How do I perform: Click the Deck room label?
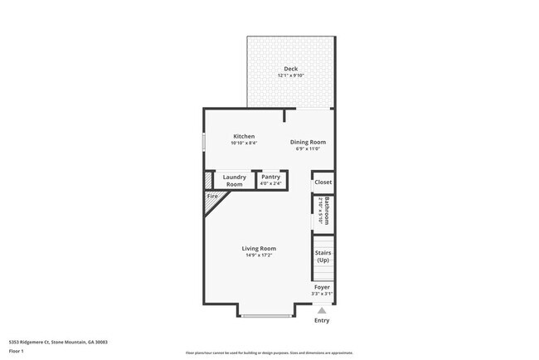[x=290, y=69]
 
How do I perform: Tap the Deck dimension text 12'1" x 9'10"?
[x=290, y=75]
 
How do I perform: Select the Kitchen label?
[x=244, y=136]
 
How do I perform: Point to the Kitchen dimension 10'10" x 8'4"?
[x=244, y=143]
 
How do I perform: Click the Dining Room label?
[x=308, y=142]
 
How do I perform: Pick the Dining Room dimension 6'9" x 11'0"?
[x=308, y=148]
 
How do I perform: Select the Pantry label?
[x=270, y=176]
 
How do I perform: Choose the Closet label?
[x=323, y=182]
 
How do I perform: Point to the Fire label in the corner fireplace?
[x=211, y=196]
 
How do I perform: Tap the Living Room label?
[x=259, y=248]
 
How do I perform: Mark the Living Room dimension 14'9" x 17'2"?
[x=259, y=255]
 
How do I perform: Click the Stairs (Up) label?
[x=323, y=256]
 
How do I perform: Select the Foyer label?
[x=322, y=287]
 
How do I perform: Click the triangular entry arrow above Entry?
[x=322, y=309]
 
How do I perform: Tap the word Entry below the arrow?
[x=322, y=320]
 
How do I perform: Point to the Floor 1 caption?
[x=17, y=351]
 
